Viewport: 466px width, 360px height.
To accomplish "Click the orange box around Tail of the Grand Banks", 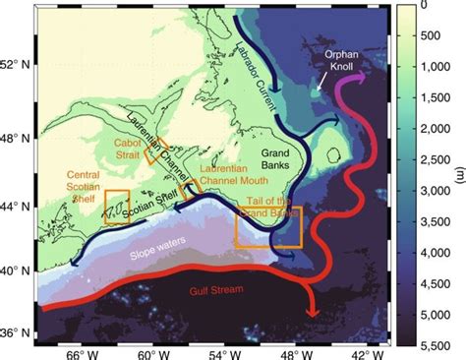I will tap(268, 226).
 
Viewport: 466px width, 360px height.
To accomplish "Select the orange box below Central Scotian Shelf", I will tap(116, 207).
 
